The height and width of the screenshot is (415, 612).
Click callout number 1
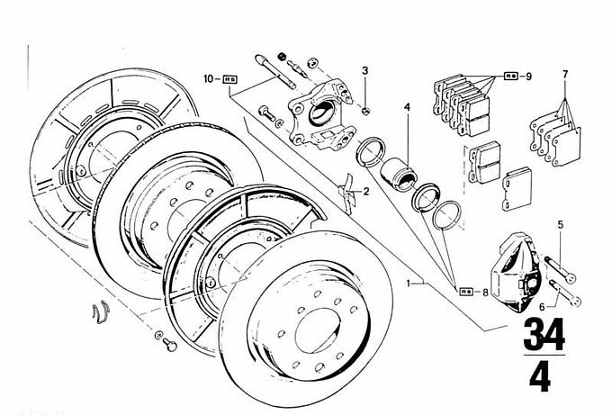pos(410,283)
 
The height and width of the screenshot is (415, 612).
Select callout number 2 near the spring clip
pos(366,192)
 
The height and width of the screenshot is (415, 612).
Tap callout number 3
pos(365,70)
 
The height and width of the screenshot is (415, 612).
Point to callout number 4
pos(407,110)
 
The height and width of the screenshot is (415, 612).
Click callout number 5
pos(560,223)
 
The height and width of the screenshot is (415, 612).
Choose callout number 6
pos(542,306)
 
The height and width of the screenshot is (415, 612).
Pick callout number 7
pos(565,74)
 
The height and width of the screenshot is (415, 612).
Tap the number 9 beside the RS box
pos(528,77)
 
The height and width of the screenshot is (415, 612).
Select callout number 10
pos(208,79)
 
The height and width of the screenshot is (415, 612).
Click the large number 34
pos(543,335)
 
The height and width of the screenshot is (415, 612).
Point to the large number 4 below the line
pos(540,379)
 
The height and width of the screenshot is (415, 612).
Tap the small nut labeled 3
pos(367,111)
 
